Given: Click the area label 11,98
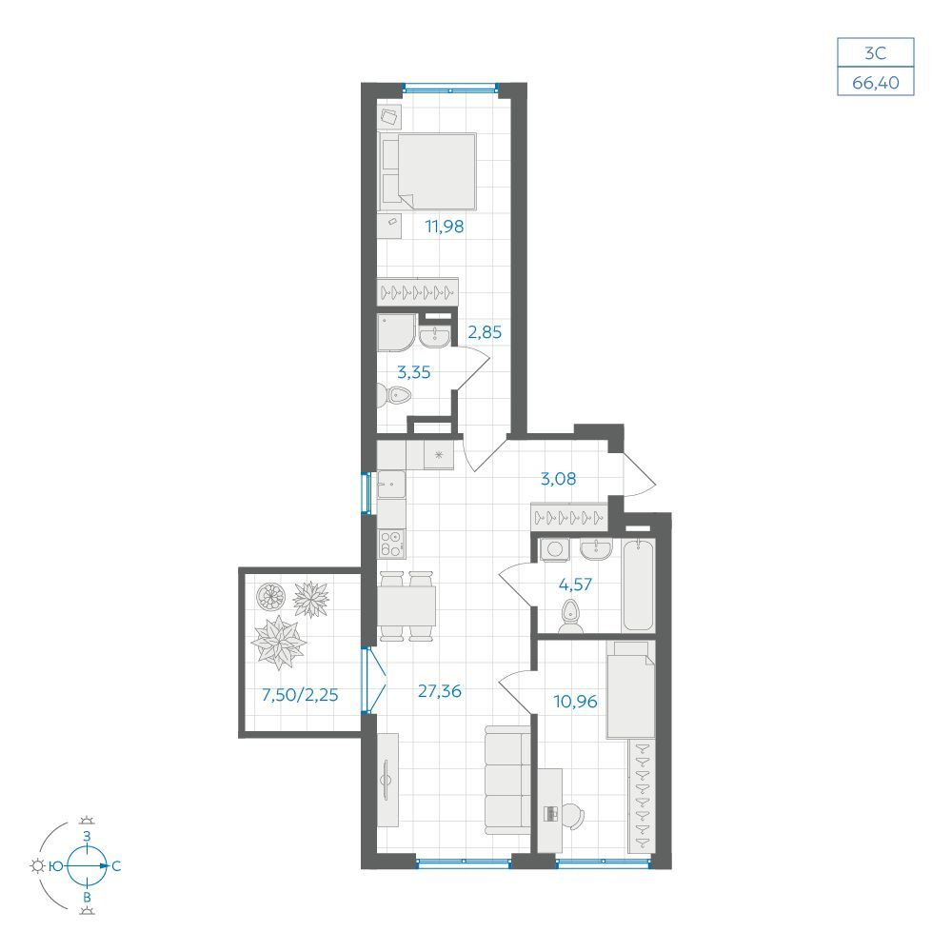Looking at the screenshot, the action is (445, 227).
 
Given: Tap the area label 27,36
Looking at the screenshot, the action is (440, 691).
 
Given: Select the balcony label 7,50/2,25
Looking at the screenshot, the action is (300, 695).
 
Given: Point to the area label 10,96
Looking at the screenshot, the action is (576, 702).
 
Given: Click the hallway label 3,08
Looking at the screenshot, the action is (559, 479).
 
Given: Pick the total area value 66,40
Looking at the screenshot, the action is (876, 82).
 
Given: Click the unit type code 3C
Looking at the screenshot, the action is (876, 53).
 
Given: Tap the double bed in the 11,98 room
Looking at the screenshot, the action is (427, 171).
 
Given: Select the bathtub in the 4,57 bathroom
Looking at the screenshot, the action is (638, 585).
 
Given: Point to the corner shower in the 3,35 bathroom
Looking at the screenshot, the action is (396, 332).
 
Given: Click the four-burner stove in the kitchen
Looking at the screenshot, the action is (391, 544).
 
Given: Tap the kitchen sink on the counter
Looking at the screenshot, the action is (391, 485).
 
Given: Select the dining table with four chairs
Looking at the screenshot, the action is (407, 605).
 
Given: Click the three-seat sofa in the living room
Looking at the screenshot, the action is (507, 781).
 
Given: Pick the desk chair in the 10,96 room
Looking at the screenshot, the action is (573, 816).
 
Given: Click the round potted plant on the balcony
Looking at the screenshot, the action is (270, 596).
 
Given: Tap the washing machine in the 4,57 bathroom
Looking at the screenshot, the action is (555, 550).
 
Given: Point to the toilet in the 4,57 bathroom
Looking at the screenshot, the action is (570, 617).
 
